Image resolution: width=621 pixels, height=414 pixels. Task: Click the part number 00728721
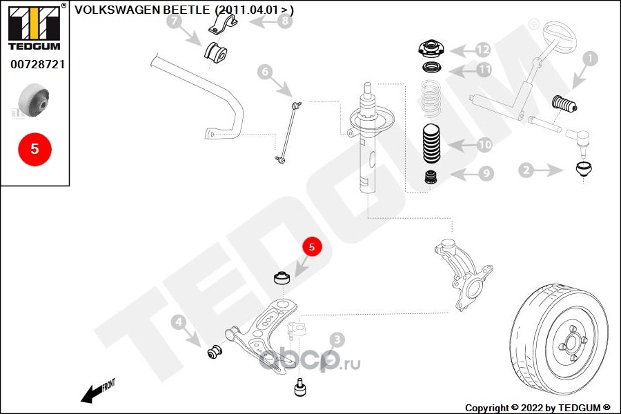tap(37, 64)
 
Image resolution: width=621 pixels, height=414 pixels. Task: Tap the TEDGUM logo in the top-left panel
tap(35, 27)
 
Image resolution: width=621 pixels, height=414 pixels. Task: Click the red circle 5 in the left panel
tap(35, 149)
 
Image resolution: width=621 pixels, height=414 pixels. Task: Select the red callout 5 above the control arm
tap(312, 247)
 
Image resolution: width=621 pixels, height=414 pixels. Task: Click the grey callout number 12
tap(483, 50)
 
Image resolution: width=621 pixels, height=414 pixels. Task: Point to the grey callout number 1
tap(590, 59)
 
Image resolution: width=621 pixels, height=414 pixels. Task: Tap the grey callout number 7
tap(175, 21)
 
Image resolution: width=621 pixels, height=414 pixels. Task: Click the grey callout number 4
tap(179, 322)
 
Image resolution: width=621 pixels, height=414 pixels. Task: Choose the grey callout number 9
tap(486, 173)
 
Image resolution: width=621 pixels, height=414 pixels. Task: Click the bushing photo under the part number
tap(34, 100)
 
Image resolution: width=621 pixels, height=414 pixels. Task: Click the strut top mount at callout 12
tap(431, 49)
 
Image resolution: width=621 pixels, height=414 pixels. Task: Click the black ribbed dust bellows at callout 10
tap(432, 144)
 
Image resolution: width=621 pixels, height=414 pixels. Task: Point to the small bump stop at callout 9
tap(432, 177)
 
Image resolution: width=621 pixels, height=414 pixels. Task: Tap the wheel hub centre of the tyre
tap(572, 342)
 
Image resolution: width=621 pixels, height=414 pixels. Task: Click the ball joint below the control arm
tap(301, 388)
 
